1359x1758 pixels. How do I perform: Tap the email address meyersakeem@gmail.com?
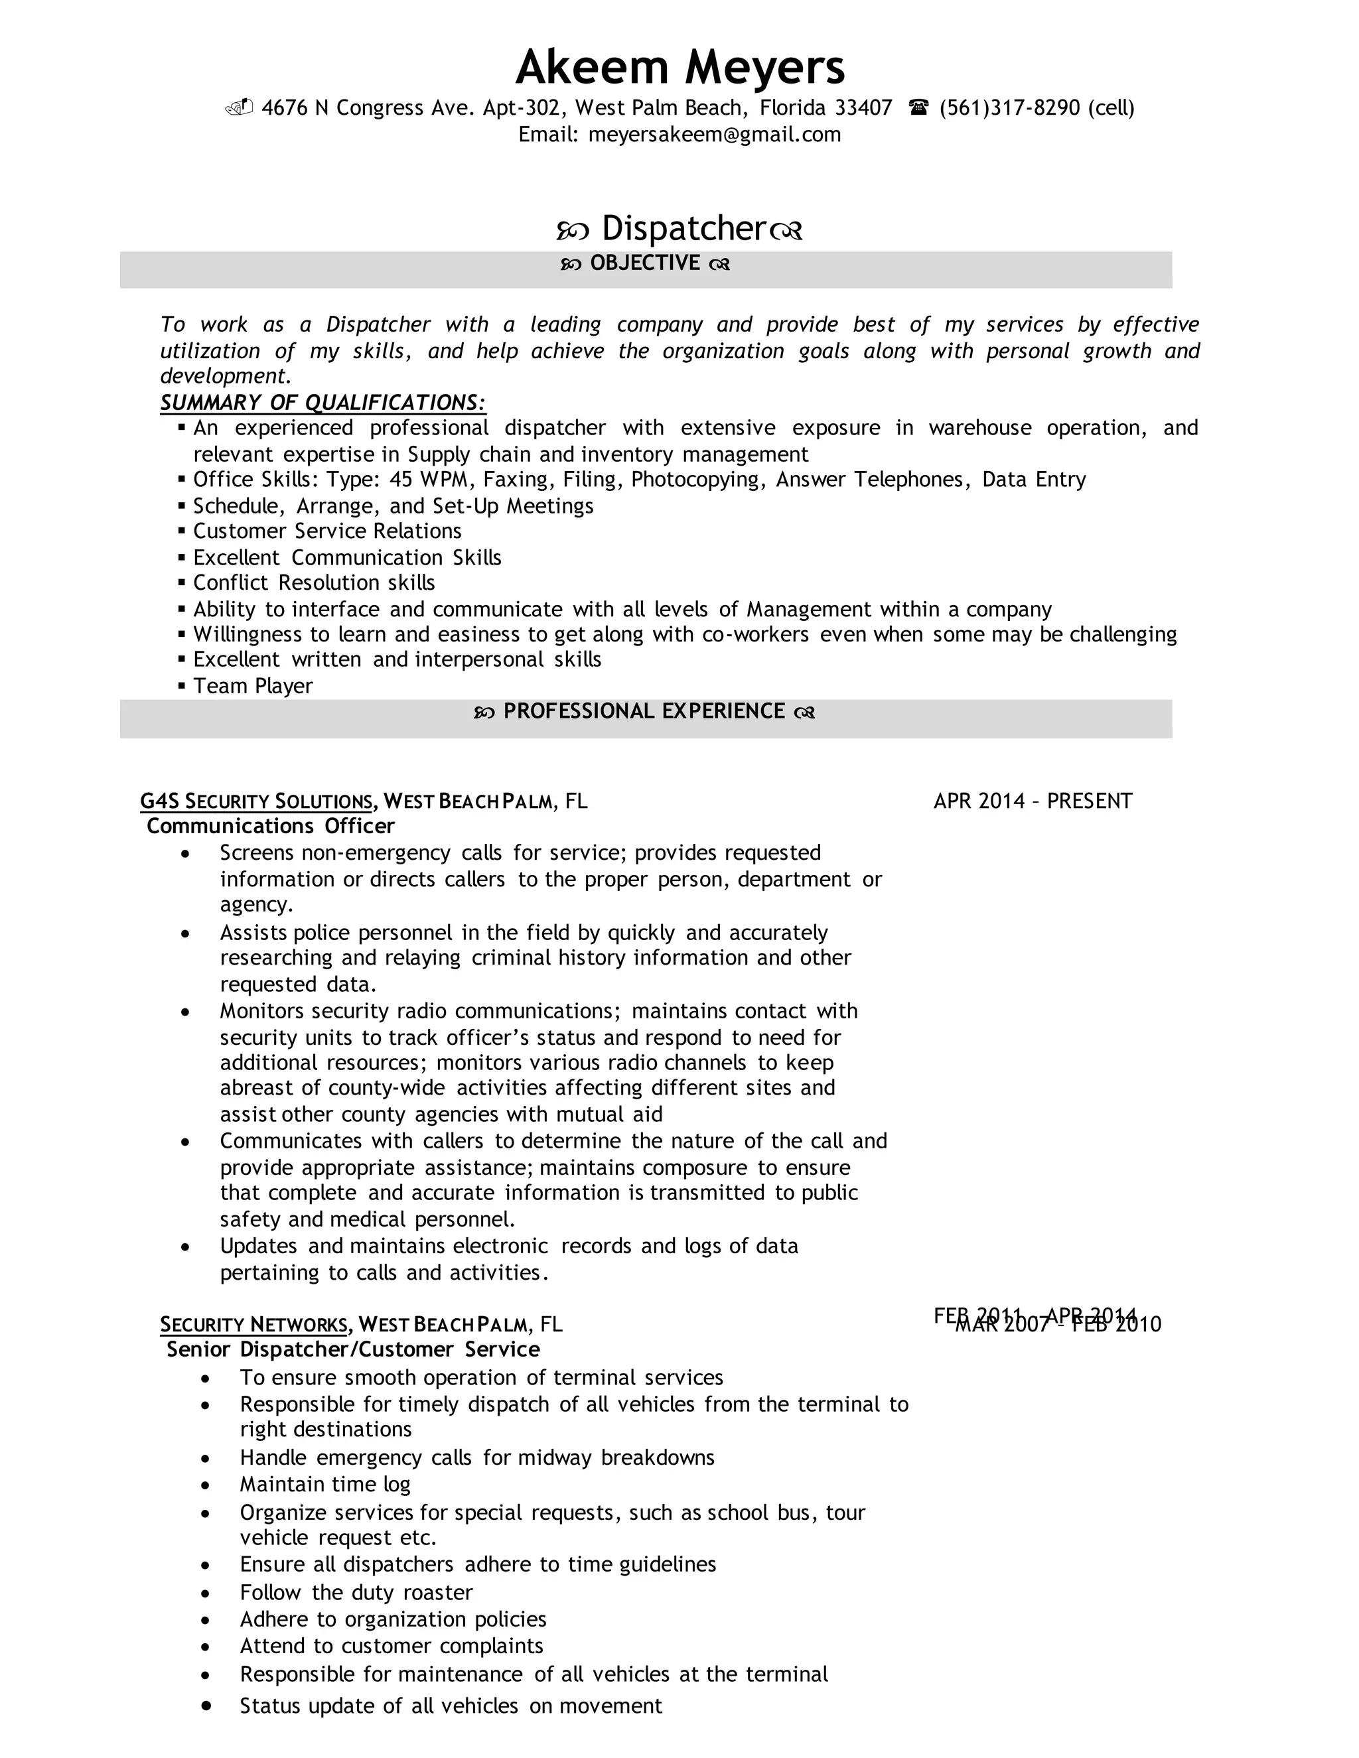[x=714, y=135]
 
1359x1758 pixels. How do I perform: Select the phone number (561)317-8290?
[x=1009, y=108]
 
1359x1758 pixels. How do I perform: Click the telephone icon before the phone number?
[x=918, y=107]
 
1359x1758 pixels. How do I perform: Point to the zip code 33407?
[x=863, y=108]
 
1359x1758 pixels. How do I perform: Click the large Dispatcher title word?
[x=682, y=229]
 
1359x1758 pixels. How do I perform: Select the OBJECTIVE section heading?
[x=645, y=263]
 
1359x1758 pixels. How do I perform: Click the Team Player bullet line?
[x=253, y=686]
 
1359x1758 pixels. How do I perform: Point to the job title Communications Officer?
[x=271, y=826]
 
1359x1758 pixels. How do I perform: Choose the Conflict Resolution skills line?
[x=314, y=582]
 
